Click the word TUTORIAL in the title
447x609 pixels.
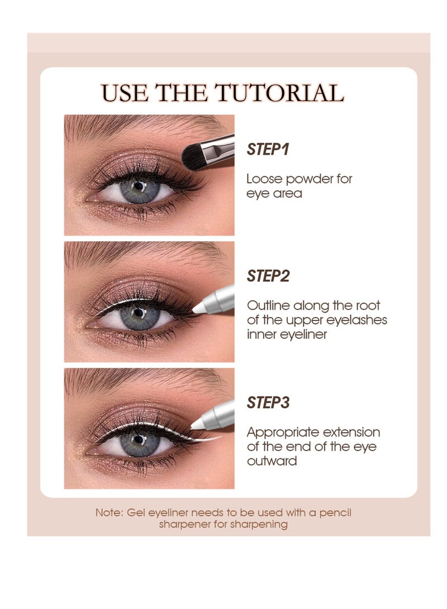coord(281,93)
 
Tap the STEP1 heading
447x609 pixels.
coord(267,150)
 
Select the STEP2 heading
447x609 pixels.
coord(268,276)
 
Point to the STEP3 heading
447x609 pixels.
coord(268,402)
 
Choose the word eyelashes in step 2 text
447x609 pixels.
coord(360,320)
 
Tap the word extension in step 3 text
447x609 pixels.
coord(353,433)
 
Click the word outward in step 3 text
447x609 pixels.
coord(272,461)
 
